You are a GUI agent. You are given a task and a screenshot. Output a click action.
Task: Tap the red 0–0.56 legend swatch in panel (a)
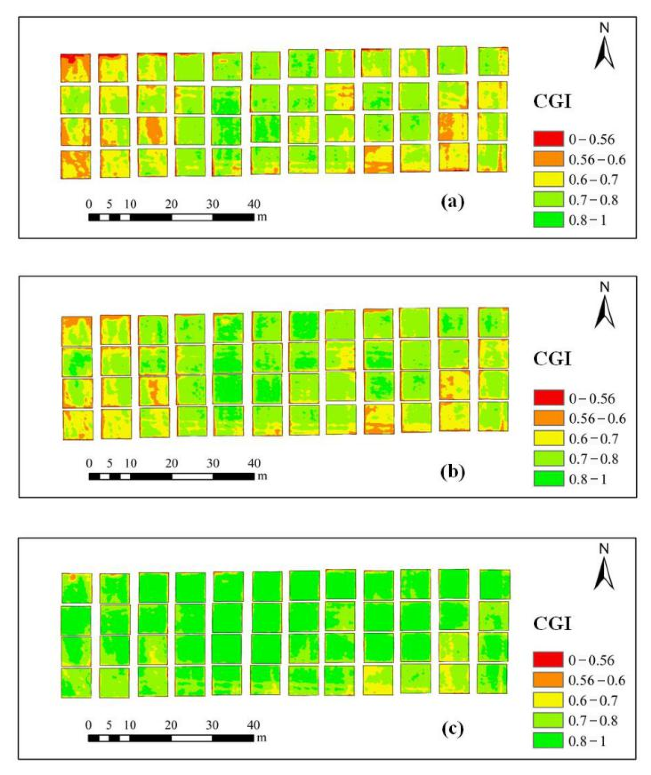(x=548, y=139)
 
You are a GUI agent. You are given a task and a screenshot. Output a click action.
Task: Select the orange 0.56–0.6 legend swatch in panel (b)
(x=548, y=418)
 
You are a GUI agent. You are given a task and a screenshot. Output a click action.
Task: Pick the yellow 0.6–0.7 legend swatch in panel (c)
(x=548, y=700)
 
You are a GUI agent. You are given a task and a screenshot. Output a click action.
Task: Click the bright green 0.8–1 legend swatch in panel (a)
(x=548, y=220)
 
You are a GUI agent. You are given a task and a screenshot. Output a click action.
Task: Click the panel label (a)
(x=453, y=202)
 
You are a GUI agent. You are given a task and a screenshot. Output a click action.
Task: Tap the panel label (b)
(x=453, y=472)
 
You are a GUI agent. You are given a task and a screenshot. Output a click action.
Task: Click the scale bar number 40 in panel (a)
(x=254, y=204)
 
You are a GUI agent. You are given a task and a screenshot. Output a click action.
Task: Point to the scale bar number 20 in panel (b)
(x=171, y=463)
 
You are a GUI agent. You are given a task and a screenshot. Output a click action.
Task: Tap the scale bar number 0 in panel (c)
(x=88, y=725)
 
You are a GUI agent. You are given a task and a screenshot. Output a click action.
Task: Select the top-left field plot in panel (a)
(x=75, y=68)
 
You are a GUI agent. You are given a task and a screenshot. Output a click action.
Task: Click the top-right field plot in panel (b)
(x=493, y=322)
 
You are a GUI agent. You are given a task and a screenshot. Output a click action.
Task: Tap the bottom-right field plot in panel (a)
(x=492, y=158)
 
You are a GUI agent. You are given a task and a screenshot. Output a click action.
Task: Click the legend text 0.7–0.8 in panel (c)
(x=593, y=720)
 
